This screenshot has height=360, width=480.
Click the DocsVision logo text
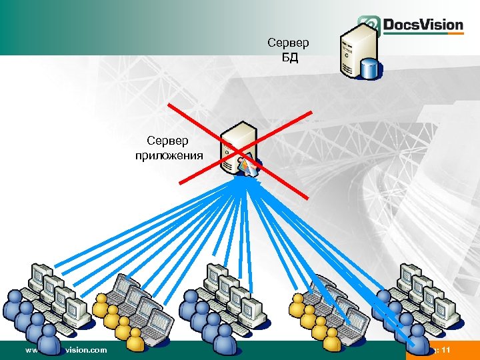point(422,25)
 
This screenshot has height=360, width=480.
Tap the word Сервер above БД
point(288,43)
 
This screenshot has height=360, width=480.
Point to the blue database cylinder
point(369,67)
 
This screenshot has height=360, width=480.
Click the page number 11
point(446,350)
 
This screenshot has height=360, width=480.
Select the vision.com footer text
point(85,349)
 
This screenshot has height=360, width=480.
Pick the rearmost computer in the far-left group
point(41,274)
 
